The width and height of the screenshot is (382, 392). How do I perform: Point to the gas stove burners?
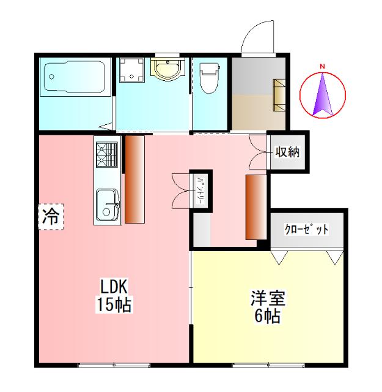[106, 154]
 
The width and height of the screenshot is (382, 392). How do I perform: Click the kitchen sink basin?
[108, 203]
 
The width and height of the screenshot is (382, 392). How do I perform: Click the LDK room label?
[114, 287]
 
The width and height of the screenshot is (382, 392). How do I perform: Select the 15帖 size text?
[114, 304]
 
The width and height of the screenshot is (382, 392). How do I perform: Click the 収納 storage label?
[287, 152]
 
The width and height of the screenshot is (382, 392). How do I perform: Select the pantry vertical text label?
[200, 189]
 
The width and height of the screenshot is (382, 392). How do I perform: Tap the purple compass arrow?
[323, 95]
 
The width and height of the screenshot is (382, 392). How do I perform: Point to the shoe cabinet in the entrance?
[279, 94]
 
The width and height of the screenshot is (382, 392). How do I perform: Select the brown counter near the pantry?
[255, 206]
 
